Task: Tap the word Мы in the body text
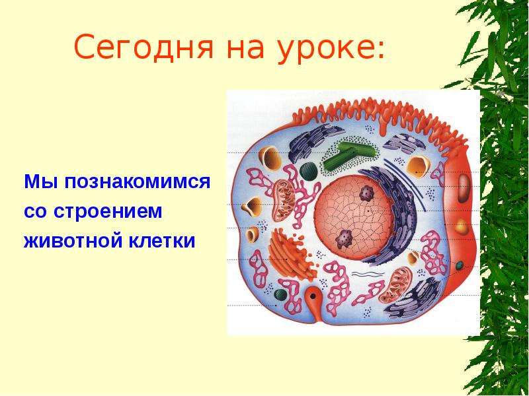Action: point(36,181)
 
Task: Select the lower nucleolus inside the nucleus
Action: point(345,239)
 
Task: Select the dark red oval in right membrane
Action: point(465,188)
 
